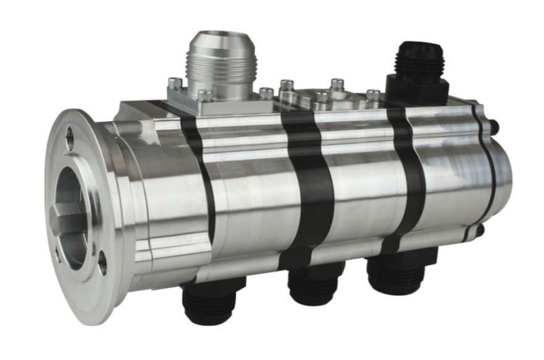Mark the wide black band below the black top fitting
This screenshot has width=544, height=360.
pyautogui.click(x=406, y=170)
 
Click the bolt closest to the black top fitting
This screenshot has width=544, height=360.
pyautogui.click(x=373, y=95)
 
